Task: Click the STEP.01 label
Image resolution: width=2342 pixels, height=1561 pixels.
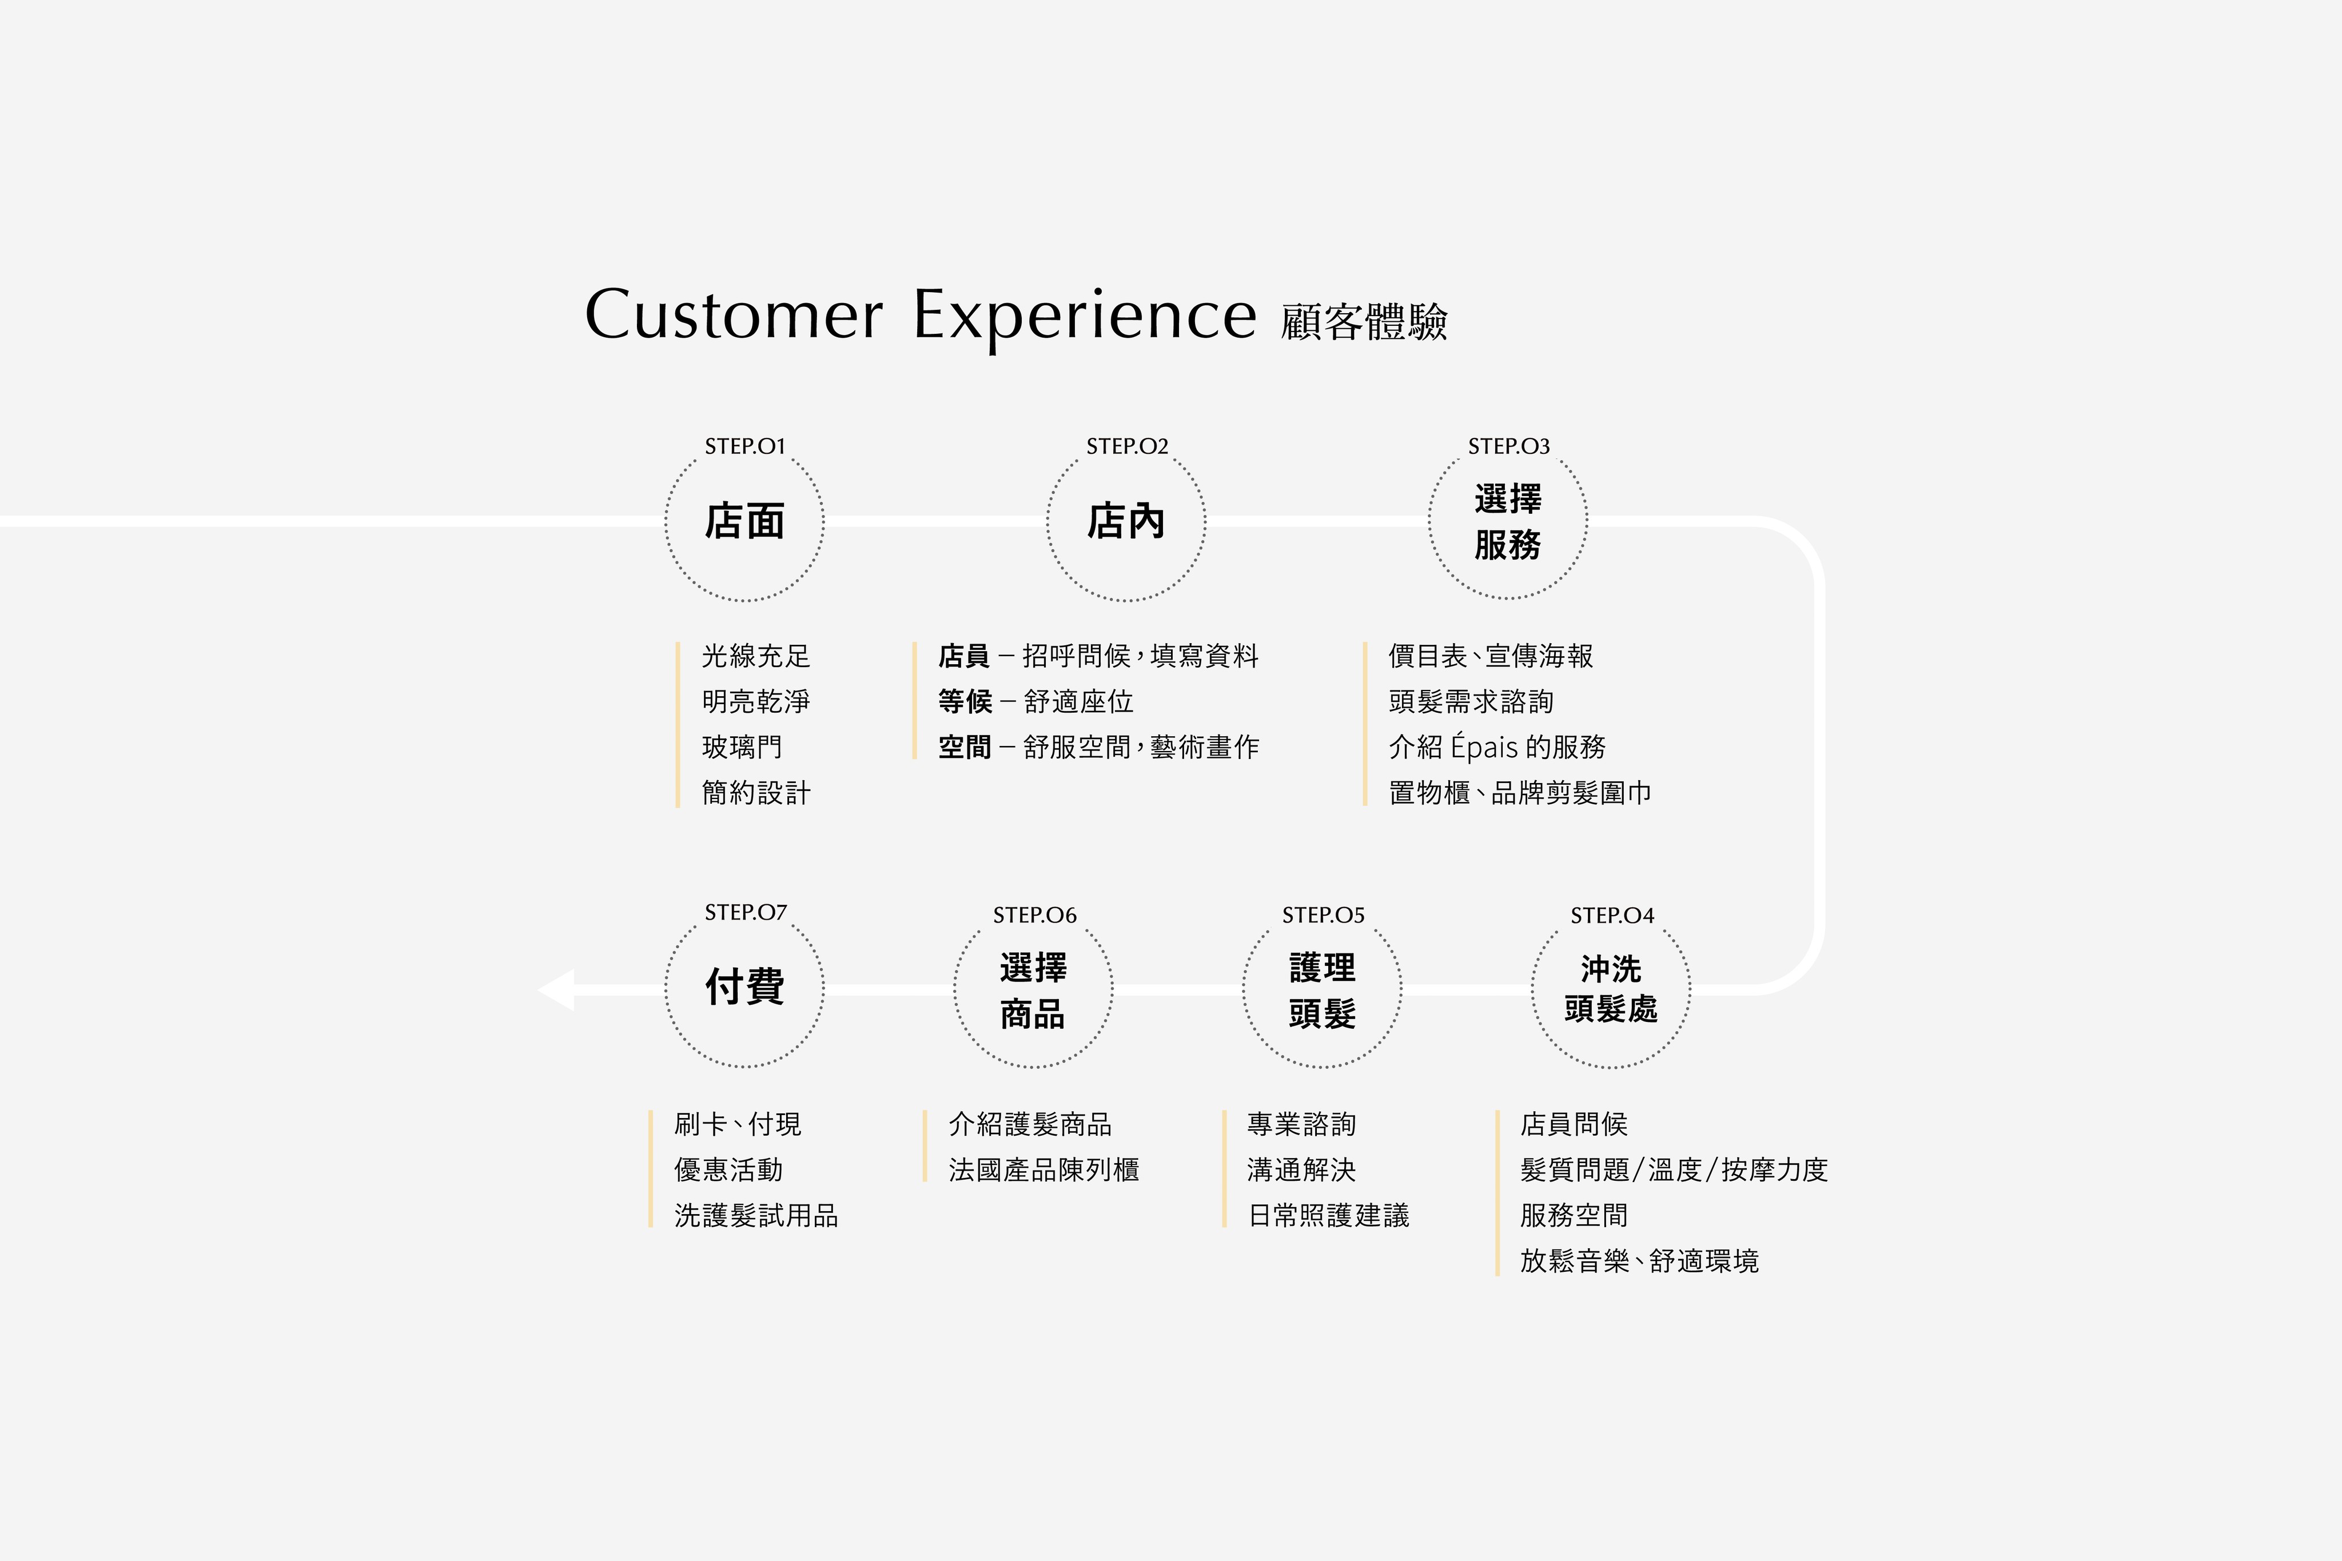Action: coord(745,446)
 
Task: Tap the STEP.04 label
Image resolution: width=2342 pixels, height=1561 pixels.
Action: coord(1611,915)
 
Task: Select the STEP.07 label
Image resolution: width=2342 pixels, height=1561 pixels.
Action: coord(745,912)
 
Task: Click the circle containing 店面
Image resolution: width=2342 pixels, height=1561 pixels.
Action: coord(745,522)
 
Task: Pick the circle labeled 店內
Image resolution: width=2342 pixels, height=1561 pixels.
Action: coord(1126,522)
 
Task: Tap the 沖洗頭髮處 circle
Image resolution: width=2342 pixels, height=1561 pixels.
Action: coord(1610,989)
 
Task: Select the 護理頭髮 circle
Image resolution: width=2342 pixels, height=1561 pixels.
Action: coord(1323,989)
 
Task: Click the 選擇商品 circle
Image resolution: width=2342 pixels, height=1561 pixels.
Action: coord(1034,989)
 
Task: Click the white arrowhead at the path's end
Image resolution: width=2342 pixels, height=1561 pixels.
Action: coord(557,989)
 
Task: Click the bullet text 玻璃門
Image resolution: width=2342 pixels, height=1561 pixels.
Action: coord(742,746)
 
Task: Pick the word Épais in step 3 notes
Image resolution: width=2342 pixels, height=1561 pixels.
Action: coord(1484,746)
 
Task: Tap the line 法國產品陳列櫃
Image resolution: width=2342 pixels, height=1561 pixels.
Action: coord(1043,1170)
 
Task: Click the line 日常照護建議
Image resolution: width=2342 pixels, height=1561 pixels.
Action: coord(1328,1216)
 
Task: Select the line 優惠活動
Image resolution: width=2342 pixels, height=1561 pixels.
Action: coord(728,1170)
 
